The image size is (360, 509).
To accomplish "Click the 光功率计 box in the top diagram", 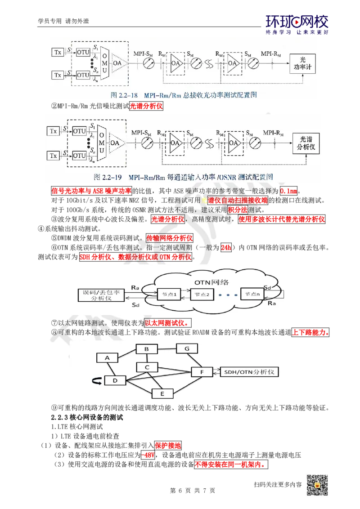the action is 302,64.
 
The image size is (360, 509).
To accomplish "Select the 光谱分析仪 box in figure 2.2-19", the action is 306,143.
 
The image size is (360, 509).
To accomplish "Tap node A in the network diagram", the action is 107,358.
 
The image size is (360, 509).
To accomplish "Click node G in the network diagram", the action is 187,348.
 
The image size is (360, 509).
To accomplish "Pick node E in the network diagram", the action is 162,394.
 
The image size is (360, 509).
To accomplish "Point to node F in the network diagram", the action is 202,372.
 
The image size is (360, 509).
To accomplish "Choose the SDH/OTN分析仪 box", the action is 249,372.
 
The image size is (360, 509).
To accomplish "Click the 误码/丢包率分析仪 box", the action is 101,295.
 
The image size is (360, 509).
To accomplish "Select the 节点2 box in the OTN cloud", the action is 202,295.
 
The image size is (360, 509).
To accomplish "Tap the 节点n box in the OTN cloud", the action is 252,294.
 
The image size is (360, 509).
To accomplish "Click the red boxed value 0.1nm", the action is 288,191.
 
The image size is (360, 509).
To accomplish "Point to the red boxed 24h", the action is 226,247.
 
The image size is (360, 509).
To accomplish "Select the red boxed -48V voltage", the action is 148,455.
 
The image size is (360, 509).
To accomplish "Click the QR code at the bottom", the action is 317,485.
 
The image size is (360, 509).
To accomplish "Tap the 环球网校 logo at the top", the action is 297,24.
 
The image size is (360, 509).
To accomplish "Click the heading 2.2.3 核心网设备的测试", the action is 87,417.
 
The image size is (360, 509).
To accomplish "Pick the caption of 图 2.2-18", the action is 184,95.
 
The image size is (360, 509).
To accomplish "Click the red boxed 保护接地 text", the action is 168,445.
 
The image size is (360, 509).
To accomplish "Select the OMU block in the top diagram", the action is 104,63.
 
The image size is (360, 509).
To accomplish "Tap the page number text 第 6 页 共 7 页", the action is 192,491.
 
